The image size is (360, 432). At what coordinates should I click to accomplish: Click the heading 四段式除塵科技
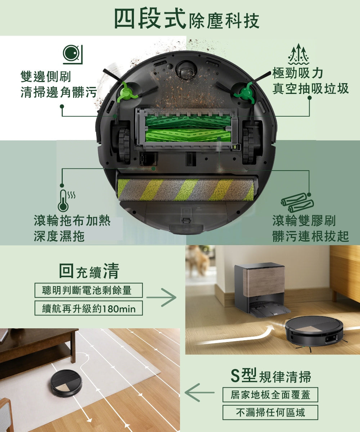click(186, 19)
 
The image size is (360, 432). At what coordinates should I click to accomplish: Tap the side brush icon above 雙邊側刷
click(73, 54)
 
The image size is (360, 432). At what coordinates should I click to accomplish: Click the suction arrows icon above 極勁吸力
click(298, 54)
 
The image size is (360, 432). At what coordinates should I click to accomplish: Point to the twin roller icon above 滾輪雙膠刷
click(297, 203)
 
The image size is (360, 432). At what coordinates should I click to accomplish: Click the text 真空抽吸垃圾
click(311, 89)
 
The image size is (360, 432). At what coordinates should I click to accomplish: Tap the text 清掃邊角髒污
click(59, 92)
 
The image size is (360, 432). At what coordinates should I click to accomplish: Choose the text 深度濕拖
click(59, 236)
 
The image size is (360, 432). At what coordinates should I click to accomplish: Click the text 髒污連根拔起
click(311, 236)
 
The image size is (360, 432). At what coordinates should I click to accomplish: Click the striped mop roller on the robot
click(186, 190)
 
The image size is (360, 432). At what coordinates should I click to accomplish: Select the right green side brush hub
click(246, 92)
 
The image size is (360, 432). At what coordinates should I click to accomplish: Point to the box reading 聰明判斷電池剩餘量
click(89, 290)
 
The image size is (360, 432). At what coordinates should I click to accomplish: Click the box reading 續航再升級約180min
click(89, 308)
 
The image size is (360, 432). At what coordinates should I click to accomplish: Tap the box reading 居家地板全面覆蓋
click(270, 395)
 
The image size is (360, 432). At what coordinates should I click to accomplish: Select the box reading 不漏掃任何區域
click(270, 412)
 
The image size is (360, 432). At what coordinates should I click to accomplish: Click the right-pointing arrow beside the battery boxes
click(161, 297)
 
